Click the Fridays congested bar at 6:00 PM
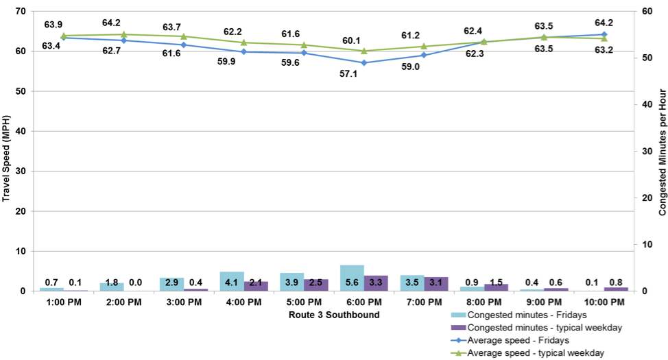click(x=352, y=278)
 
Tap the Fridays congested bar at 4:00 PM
click(x=232, y=281)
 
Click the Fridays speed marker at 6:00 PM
click(x=364, y=62)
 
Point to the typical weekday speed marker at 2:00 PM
click(x=123, y=34)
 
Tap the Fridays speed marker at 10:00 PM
click(x=604, y=34)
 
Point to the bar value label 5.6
click(x=352, y=282)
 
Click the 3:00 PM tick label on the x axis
click(x=183, y=303)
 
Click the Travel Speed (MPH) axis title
click(x=7, y=151)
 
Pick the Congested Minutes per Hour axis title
click(x=661, y=152)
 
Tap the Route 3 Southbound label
click(x=334, y=315)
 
